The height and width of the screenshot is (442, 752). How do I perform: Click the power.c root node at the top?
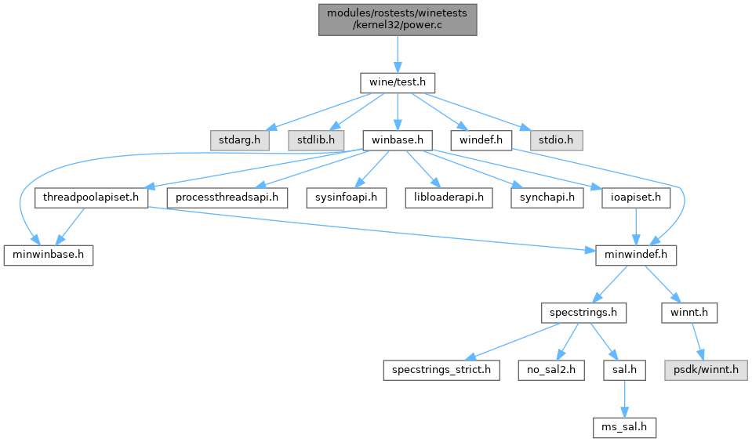click(x=397, y=18)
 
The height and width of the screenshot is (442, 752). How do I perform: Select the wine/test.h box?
click(x=397, y=82)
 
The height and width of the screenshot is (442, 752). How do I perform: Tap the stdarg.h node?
click(x=239, y=140)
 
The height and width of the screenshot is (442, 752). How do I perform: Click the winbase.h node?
click(x=398, y=140)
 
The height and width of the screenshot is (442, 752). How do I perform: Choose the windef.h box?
click(x=481, y=140)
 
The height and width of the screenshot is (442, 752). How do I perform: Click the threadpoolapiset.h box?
click(x=92, y=198)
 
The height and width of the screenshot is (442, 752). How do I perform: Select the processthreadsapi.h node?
click(x=227, y=198)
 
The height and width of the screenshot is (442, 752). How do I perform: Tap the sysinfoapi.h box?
click(x=347, y=198)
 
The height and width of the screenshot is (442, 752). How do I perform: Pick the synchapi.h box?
click(x=547, y=198)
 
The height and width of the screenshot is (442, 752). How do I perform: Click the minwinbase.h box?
click(x=49, y=255)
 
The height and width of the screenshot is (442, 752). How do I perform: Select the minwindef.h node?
click(x=636, y=255)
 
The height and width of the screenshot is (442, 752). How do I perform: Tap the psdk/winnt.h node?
click(x=703, y=370)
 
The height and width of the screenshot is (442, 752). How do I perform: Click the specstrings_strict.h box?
click(x=441, y=370)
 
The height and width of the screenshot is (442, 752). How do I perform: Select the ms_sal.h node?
click(x=624, y=427)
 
